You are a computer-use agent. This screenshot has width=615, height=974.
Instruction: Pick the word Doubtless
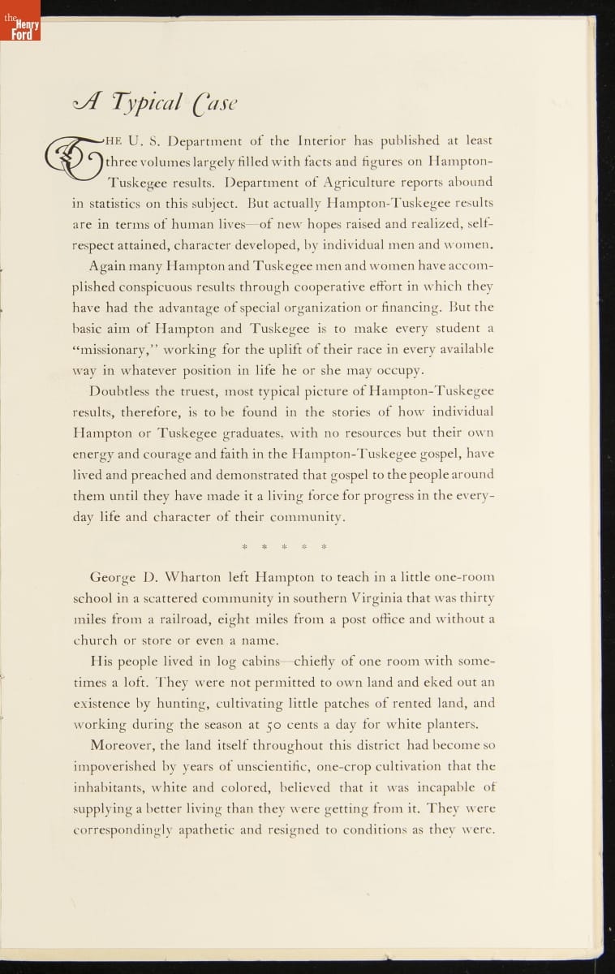click(123, 390)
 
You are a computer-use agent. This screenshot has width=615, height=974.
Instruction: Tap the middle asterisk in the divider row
click(284, 546)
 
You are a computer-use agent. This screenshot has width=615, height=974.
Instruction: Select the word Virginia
click(363, 598)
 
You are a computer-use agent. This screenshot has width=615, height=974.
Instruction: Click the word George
click(113, 578)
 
